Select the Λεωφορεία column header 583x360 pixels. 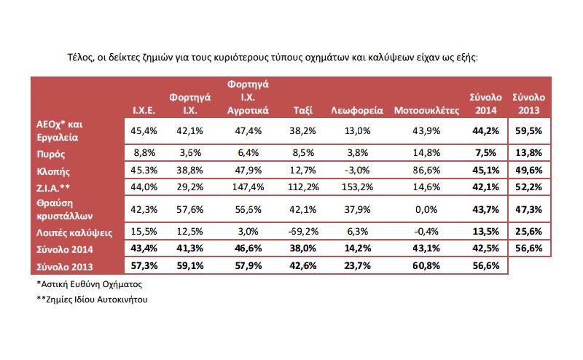(357, 111)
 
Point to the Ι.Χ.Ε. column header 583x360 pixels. (142, 111)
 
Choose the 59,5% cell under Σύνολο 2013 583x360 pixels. (529, 132)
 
